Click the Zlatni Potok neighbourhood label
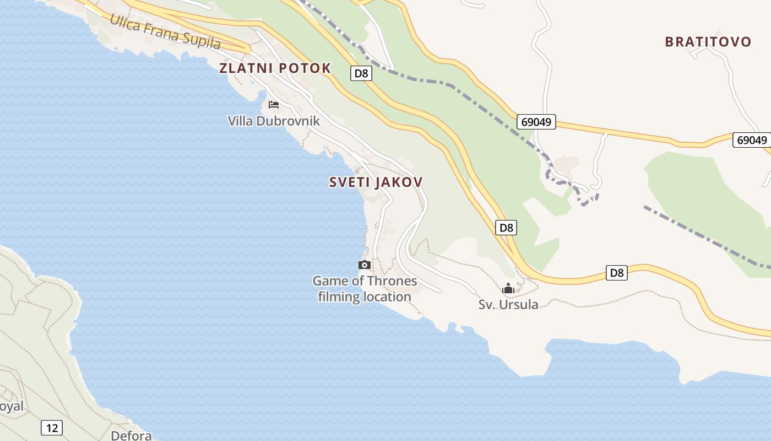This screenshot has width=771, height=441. click(x=275, y=68)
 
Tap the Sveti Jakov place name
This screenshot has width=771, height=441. click(x=376, y=182)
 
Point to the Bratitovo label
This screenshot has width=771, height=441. click(x=708, y=42)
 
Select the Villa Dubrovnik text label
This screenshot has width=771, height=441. click(x=274, y=121)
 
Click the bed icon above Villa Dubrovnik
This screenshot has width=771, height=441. click(x=274, y=104)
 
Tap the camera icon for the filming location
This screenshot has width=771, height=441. click(x=364, y=265)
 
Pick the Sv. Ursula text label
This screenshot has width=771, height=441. click(x=508, y=304)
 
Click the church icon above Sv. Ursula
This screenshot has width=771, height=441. click(x=508, y=288)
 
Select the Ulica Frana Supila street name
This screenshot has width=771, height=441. click(x=165, y=32)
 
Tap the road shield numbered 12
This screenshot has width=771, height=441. click(x=52, y=427)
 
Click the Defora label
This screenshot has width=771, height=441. click(x=131, y=435)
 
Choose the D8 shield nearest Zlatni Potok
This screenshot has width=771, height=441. click(x=360, y=73)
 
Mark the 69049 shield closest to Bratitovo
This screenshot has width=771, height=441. click(x=751, y=140)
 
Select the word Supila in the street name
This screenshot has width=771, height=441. click(x=202, y=41)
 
